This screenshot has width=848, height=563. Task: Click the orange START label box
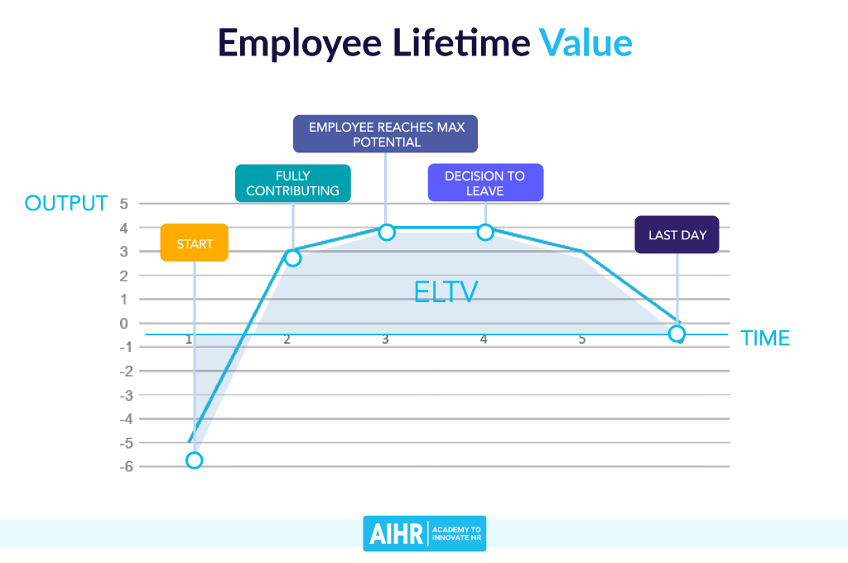194,243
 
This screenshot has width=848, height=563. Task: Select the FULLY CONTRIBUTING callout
292,183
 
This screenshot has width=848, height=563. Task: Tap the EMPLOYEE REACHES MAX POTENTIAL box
386,134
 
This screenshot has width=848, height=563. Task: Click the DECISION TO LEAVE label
485,183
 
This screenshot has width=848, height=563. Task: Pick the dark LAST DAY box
677,234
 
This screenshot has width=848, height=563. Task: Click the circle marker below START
194,460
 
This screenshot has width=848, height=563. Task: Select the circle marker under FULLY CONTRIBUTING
292,257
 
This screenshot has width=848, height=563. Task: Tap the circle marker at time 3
387,232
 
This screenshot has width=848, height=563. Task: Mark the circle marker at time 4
485,232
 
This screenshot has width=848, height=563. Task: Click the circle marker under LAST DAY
677,334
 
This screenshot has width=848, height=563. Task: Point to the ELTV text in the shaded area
446,291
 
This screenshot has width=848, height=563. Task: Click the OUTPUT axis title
66,204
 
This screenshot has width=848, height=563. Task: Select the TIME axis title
765,338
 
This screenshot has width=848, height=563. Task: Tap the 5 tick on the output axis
124,203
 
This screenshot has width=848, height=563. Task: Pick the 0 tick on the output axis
124,323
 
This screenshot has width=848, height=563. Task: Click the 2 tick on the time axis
287,339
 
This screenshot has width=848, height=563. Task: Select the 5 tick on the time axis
582,339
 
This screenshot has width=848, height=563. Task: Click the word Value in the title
585,43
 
